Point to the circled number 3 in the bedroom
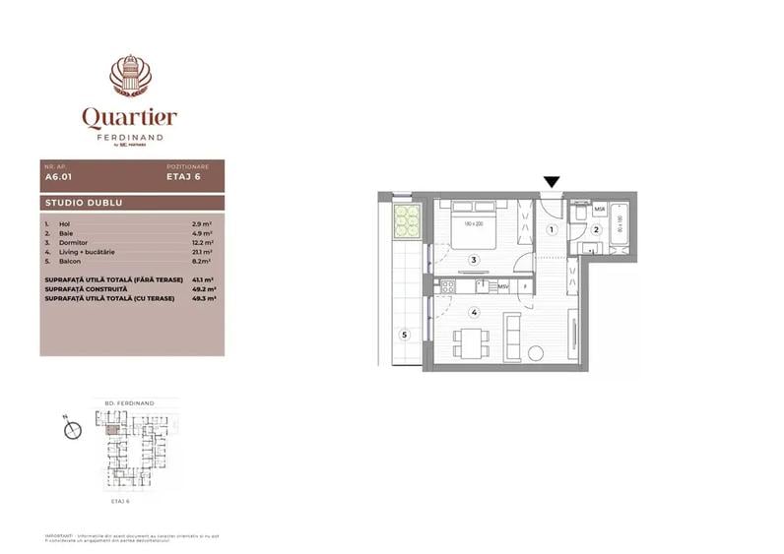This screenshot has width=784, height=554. [474, 261]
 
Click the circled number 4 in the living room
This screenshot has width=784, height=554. [474, 313]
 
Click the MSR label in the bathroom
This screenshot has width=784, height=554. [600, 212]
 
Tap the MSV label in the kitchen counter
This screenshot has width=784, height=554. [503, 286]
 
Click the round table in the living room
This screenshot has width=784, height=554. [536, 353]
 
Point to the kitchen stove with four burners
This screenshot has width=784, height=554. [449, 286]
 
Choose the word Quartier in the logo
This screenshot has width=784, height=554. [130, 118]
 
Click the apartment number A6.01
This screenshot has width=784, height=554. [58, 179]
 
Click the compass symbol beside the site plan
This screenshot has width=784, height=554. [71, 428]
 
